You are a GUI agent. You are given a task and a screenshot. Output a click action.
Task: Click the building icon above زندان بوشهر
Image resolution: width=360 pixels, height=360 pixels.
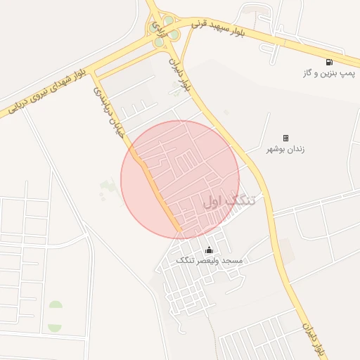(x=285, y=138)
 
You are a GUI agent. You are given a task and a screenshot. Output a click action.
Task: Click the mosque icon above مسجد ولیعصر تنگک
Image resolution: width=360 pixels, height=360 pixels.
(x=208, y=250)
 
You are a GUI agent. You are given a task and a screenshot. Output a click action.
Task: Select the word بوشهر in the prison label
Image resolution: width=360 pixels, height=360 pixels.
(x=276, y=149)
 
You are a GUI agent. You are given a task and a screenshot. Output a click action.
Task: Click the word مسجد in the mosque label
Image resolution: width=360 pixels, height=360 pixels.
(x=232, y=261)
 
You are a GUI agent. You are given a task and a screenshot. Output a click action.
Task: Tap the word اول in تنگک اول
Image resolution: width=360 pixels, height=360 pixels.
(x=214, y=201)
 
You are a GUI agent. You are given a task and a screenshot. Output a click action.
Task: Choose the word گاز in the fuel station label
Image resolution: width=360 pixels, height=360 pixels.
(x=308, y=73)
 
